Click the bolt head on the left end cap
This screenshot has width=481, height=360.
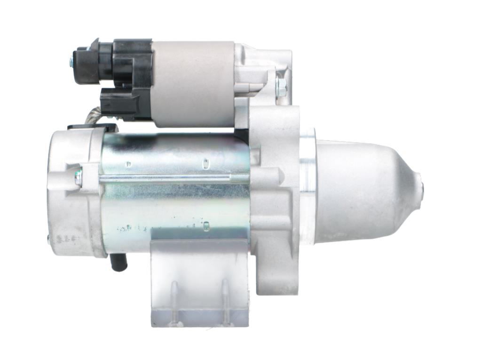[78, 177]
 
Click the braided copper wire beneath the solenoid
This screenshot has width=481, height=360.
[93, 116]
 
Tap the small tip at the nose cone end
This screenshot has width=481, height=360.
[421, 188]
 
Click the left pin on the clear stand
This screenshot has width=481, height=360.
[174, 301]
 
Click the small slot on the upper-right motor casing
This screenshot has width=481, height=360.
[205, 163]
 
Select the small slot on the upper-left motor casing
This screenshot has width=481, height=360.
[128, 164]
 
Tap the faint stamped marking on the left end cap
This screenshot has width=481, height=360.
[63, 240]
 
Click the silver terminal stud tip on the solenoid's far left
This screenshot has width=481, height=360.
[72, 60]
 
